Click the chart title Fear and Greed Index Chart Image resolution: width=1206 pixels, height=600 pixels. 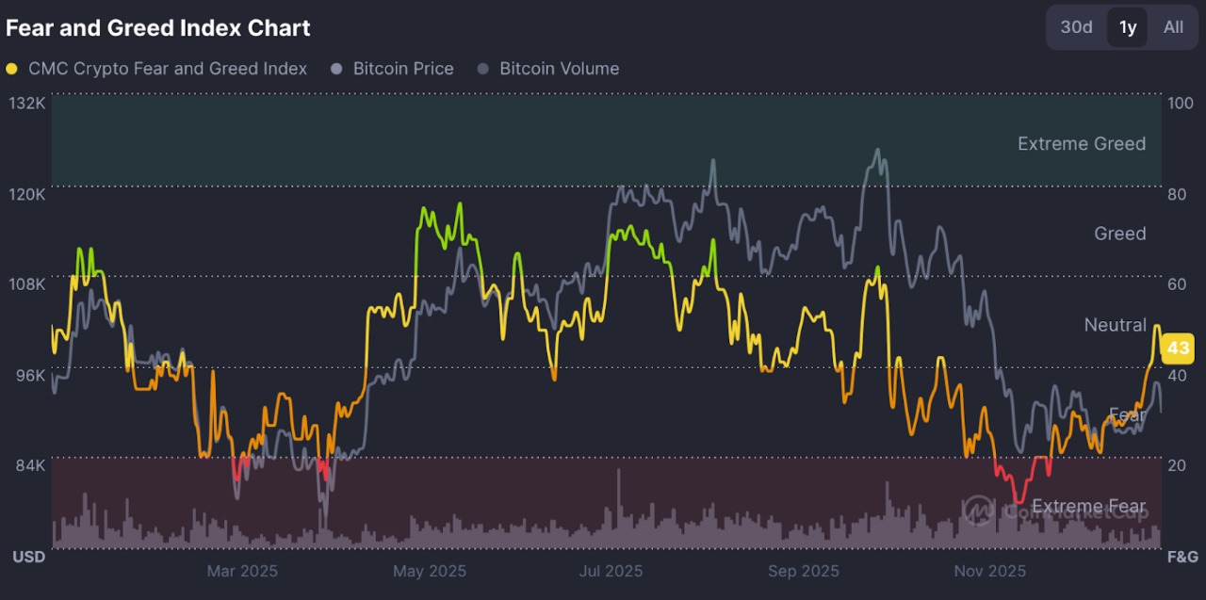tap(157, 28)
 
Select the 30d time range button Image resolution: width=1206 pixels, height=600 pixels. tap(1076, 27)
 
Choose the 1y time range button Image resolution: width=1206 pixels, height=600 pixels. tap(1128, 27)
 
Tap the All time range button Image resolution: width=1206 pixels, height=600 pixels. tap(1173, 27)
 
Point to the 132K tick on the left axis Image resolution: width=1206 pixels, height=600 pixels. tap(27, 103)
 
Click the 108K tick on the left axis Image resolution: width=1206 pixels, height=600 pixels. tap(27, 284)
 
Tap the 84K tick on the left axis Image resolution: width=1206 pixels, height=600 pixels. tap(27, 465)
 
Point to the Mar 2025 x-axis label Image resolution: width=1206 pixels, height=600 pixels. tap(242, 571)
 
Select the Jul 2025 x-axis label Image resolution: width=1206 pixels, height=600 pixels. tap(611, 571)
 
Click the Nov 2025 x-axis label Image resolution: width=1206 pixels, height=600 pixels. tap(989, 571)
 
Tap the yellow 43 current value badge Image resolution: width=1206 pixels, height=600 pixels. tap(1178, 349)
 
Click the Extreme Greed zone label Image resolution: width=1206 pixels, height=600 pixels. tap(1082, 144)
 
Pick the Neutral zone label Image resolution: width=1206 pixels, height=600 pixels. tap(1116, 325)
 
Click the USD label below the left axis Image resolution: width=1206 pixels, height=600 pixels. tap(28, 557)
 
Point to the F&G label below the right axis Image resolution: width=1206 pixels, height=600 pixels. tap(1182, 557)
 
